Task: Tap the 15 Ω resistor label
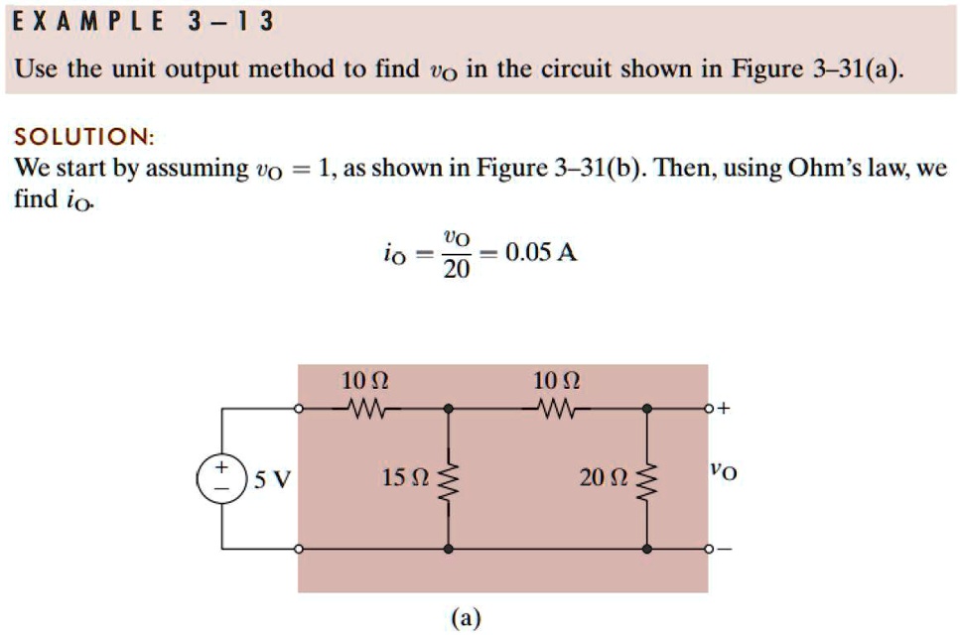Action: [405, 477]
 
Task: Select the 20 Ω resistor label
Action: [603, 477]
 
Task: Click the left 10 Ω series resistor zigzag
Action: [366, 408]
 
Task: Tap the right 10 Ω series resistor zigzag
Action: [556, 408]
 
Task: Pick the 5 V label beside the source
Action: [272, 479]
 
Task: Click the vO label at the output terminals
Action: [724, 471]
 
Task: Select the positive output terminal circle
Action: [709, 408]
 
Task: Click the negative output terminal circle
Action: [709, 549]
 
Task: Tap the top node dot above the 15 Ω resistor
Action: [449, 408]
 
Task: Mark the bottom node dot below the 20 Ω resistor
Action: [647, 549]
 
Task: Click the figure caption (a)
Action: [466, 618]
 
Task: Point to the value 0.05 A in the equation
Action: [541, 252]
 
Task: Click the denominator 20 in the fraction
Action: [456, 269]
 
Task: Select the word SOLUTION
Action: [84, 136]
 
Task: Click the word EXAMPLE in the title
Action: [88, 22]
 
